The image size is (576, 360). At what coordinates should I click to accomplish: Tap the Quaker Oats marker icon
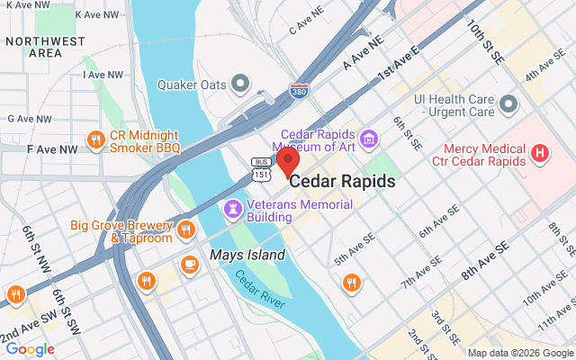240,85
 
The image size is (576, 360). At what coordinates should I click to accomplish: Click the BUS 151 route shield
261,166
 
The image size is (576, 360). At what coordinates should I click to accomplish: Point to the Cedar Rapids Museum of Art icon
368,139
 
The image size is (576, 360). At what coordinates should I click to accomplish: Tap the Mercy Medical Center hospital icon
540,153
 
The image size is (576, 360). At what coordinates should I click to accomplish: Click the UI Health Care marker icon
509,104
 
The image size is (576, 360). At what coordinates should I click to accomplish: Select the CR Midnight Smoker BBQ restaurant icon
95,139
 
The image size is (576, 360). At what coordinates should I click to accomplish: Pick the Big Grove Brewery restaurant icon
186,229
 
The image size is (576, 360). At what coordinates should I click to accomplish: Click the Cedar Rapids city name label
342,182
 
